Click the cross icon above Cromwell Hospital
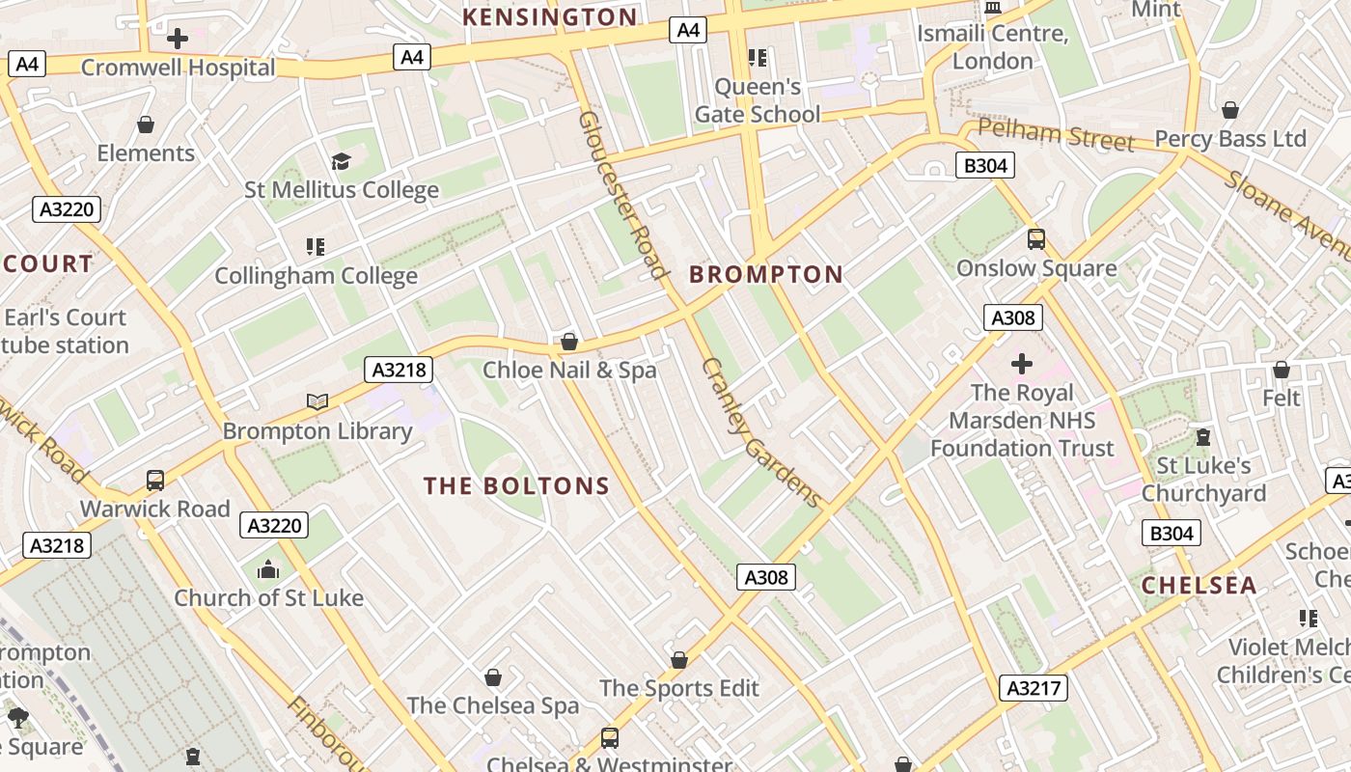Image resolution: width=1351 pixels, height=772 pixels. click(178, 39)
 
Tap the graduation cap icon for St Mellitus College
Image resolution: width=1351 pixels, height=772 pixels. click(341, 161)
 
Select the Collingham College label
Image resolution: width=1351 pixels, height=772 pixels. click(316, 276)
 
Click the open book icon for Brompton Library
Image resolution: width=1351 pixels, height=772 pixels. click(317, 401)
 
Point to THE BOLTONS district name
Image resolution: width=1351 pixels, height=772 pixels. click(517, 485)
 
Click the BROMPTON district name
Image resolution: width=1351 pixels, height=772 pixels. click(766, 274)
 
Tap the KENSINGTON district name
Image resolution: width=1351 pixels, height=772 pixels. click(550, 16)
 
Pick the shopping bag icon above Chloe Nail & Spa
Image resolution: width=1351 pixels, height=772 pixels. click(569, 342)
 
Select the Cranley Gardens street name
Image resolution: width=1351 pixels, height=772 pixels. click(762, 433)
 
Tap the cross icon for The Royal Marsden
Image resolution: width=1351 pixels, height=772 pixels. click(1021, 364)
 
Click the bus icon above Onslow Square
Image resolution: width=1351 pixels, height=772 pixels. click(1036, 239)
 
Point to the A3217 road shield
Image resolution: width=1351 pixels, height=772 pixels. click(1034, 688)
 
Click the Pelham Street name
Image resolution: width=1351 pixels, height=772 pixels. click(1056, 135)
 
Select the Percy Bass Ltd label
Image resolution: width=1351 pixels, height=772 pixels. click(1230, 139)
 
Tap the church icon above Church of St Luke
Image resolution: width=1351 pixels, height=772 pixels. click(268, 570)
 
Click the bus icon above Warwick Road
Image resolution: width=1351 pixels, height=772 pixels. click(155, 481)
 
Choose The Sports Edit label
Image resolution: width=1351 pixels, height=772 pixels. click(679, 688)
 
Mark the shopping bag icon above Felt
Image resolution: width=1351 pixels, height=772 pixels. click(1281, 370)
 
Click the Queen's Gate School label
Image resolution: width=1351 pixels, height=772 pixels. click(758, 100)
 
